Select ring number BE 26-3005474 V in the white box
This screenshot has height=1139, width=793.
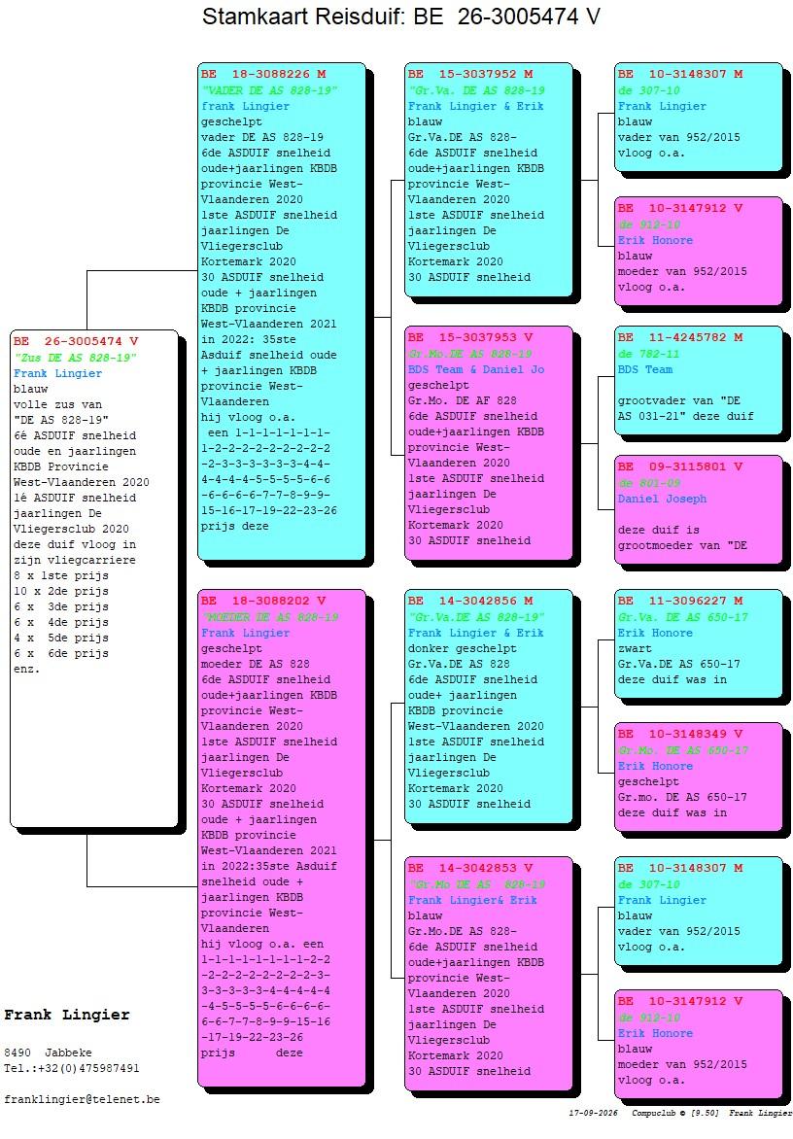pos(76,341)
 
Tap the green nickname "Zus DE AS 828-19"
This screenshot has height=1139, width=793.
pos(76,358)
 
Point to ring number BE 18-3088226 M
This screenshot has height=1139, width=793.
pos(263,74)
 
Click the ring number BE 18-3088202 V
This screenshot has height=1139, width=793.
pos(263,601)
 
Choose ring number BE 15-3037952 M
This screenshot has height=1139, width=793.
pos(469,74)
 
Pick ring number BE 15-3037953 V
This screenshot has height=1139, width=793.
pos(469,338)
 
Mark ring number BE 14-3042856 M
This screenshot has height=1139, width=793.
pos(469,601)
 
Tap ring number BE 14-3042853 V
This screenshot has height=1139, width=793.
pos(469,868)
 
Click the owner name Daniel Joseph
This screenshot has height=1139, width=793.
pos(662,499)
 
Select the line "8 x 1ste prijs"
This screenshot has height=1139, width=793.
pos(61,576)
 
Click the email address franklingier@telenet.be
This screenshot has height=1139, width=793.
pos(82,1100)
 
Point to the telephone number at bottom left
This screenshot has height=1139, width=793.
pos(72,1068)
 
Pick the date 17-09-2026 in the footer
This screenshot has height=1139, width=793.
pos(594,1113)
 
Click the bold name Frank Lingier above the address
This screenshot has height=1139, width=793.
pos(67,1016)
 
